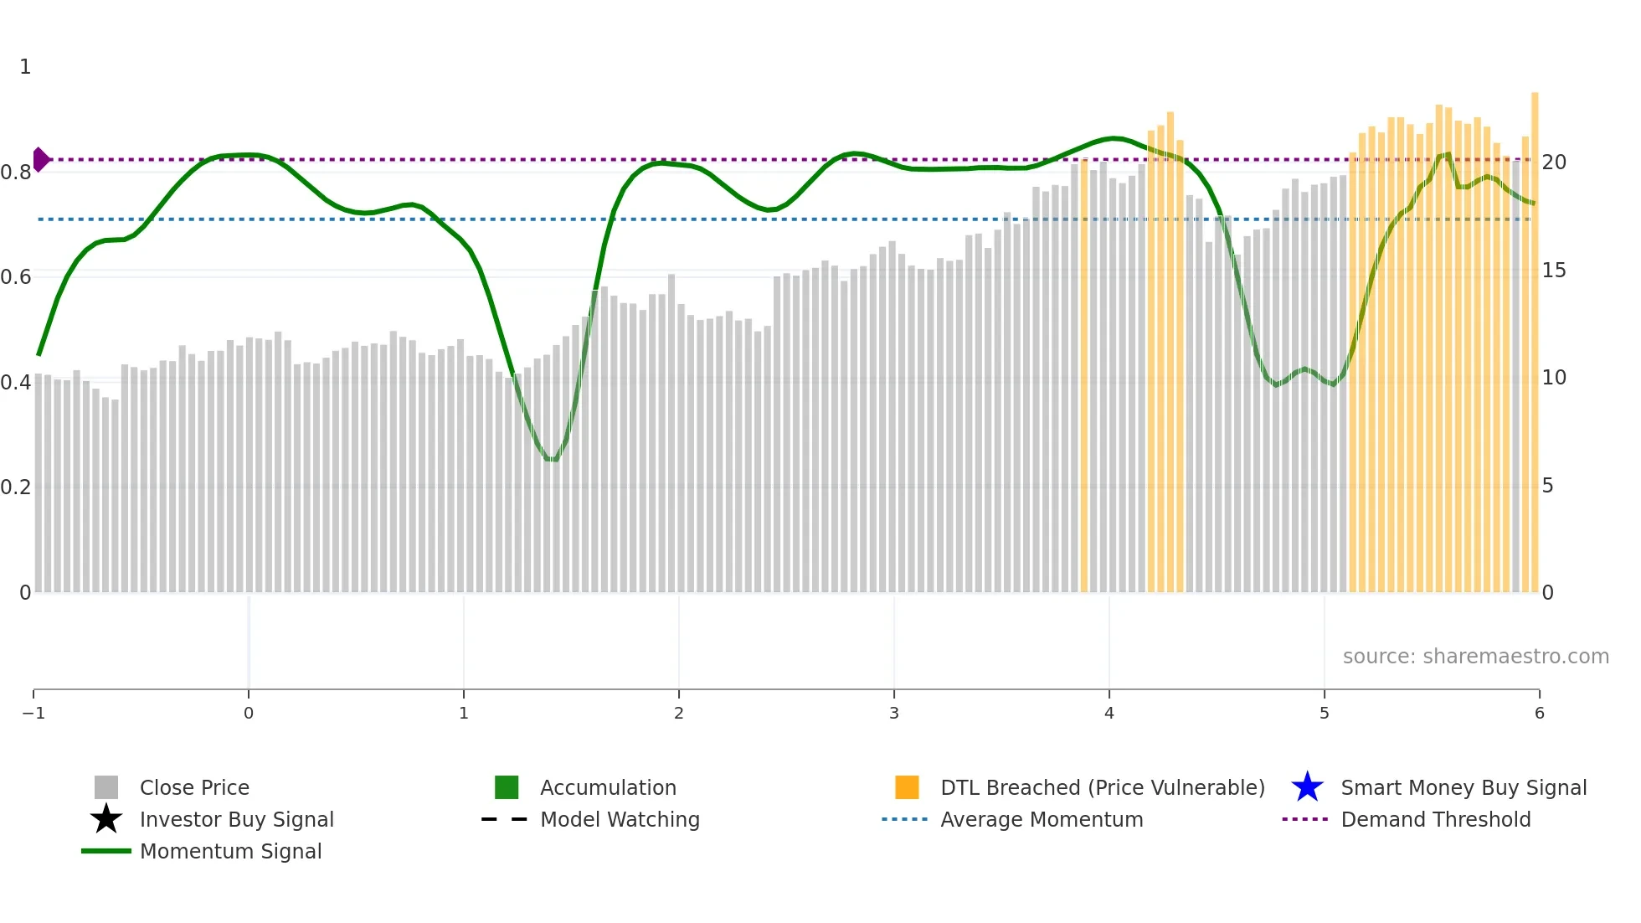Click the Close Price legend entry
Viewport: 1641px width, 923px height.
[x=193, y=787]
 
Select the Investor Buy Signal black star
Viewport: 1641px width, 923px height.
[x=106, y=819]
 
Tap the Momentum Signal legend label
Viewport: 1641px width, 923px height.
[x=230, y=851]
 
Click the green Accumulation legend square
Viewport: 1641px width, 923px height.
[x=507, y=787]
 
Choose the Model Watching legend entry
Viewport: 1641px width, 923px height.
[x=619, y=819]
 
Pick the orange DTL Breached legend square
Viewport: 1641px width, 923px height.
[x=907, y=787]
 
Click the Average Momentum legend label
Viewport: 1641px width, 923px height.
[x=1041, y=819]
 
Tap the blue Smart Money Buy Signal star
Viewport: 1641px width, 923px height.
[x=1307, y=787]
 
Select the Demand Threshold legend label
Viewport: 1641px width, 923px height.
[x=1435, y=819]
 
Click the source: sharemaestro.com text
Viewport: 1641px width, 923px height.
[x=1475, y=656]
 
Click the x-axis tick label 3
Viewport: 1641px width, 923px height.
[x=894, y=713]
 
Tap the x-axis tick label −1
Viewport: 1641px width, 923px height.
[x=33, y=713]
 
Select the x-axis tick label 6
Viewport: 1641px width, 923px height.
[x=1539, y=713]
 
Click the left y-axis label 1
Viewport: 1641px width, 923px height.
[x=25, y=67]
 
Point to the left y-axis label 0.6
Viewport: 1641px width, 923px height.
[x=16, y=277]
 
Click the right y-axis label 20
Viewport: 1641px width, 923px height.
[x=1554, y=162]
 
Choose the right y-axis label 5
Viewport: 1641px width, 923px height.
[x=1547, y=486]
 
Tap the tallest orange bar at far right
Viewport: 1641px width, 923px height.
[x=1535, y=335]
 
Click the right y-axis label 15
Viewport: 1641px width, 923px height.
[x=1554, y=271]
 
